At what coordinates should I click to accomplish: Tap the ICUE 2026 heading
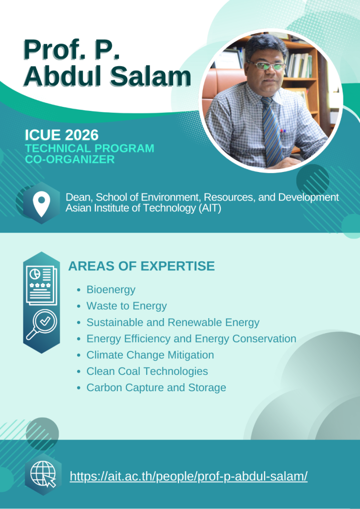tap(62, 135)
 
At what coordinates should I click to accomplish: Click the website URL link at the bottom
tap(188, 476)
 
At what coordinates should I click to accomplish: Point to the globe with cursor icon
tap(43, 476)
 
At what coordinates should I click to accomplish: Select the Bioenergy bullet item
tap(111, 290)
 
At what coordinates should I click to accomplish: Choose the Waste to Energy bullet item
tap(127, 306)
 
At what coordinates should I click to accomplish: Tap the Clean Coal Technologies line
tap(147, 371)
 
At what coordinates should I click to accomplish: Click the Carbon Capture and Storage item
tap(156, 387)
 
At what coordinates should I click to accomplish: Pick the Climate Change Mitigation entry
tap(150, 355)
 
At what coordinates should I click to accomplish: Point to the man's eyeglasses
tap(266, 65)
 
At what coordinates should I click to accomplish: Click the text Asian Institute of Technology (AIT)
tap(143, 208)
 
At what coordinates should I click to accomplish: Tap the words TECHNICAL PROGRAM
tap(90, 148)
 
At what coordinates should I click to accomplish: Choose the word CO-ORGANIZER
tap(70, 160)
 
